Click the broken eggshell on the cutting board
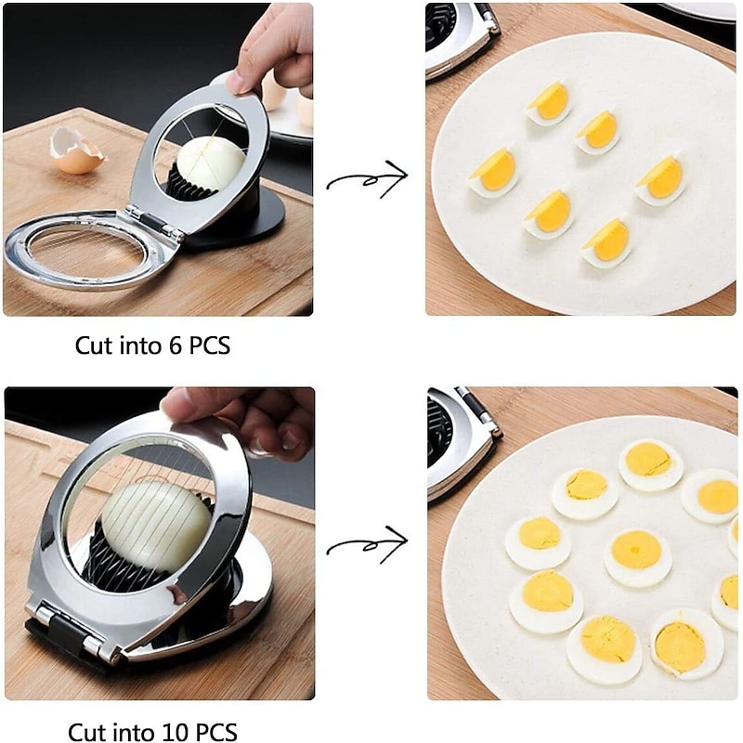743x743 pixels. [76, 150]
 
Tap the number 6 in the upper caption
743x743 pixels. [176, 345]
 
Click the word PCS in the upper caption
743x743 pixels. [210, 345]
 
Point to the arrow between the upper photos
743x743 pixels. [367, 178]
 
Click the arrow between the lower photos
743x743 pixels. [367, 545]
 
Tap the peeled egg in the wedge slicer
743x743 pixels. [211, 162]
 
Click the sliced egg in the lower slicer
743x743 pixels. [156, 527]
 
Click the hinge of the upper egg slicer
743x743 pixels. [152, 222]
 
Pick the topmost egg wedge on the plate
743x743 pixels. [549, 103]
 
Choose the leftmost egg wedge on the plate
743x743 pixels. [493, 172]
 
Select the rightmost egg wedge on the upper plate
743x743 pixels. [660, 180]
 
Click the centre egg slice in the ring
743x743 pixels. [638, 557]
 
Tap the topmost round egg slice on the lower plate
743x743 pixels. [651, 464]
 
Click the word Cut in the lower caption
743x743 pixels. [87, 732]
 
